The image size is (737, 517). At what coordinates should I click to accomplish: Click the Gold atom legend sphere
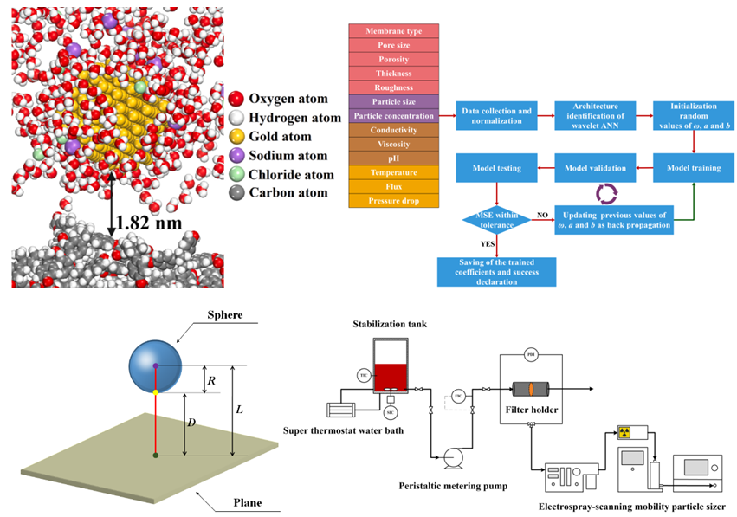click(236, 137)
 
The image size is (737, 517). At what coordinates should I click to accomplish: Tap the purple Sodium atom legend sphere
click(236, 156)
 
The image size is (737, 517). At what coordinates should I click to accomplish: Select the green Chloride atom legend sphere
click(236, 175)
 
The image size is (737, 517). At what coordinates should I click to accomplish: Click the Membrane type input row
click(393, 31)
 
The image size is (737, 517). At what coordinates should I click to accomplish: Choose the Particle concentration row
click(393, 116)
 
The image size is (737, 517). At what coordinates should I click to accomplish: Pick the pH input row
click(393, 158)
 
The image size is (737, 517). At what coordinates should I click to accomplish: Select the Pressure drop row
click(393, 201)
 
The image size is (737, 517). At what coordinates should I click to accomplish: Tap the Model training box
click(692, 167)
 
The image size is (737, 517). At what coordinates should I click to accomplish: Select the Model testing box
click(497, 167)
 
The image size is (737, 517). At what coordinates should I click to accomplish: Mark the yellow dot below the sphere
click(155, 392)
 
